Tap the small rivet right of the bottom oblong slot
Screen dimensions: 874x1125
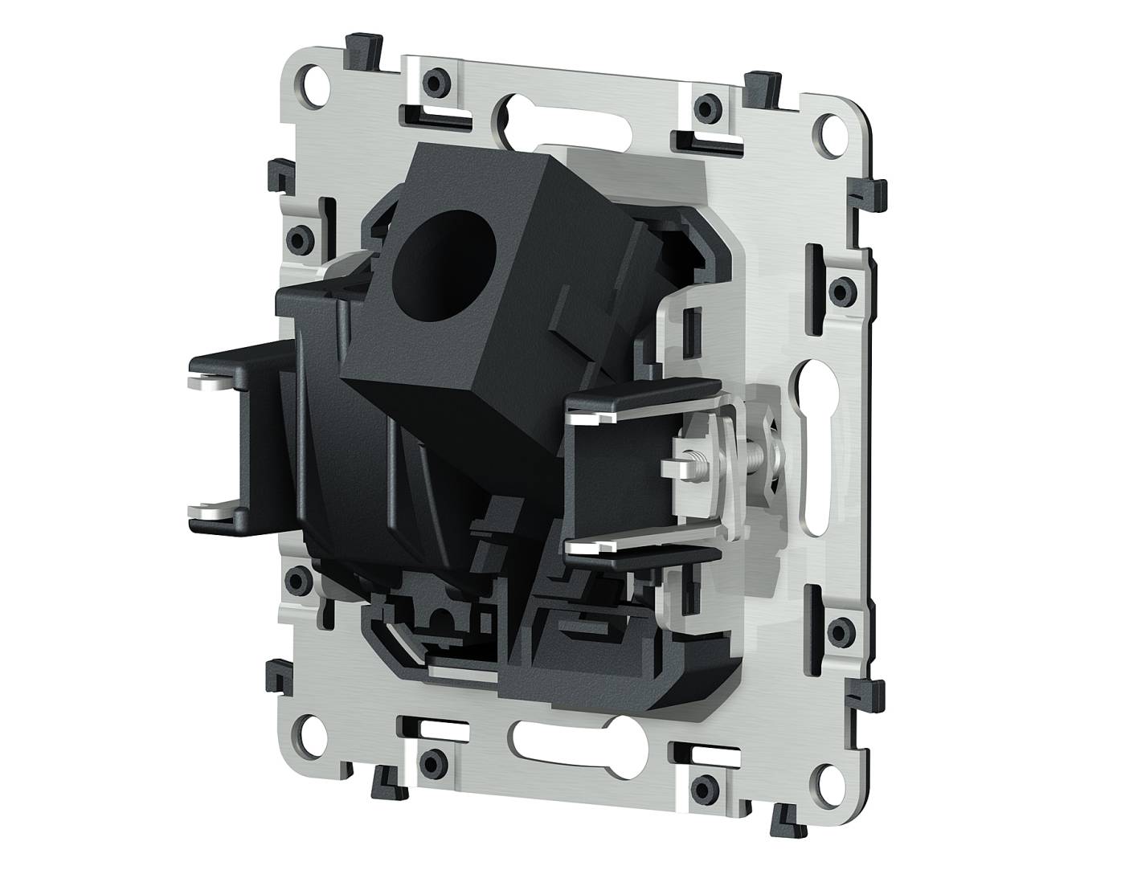pos(705,782)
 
